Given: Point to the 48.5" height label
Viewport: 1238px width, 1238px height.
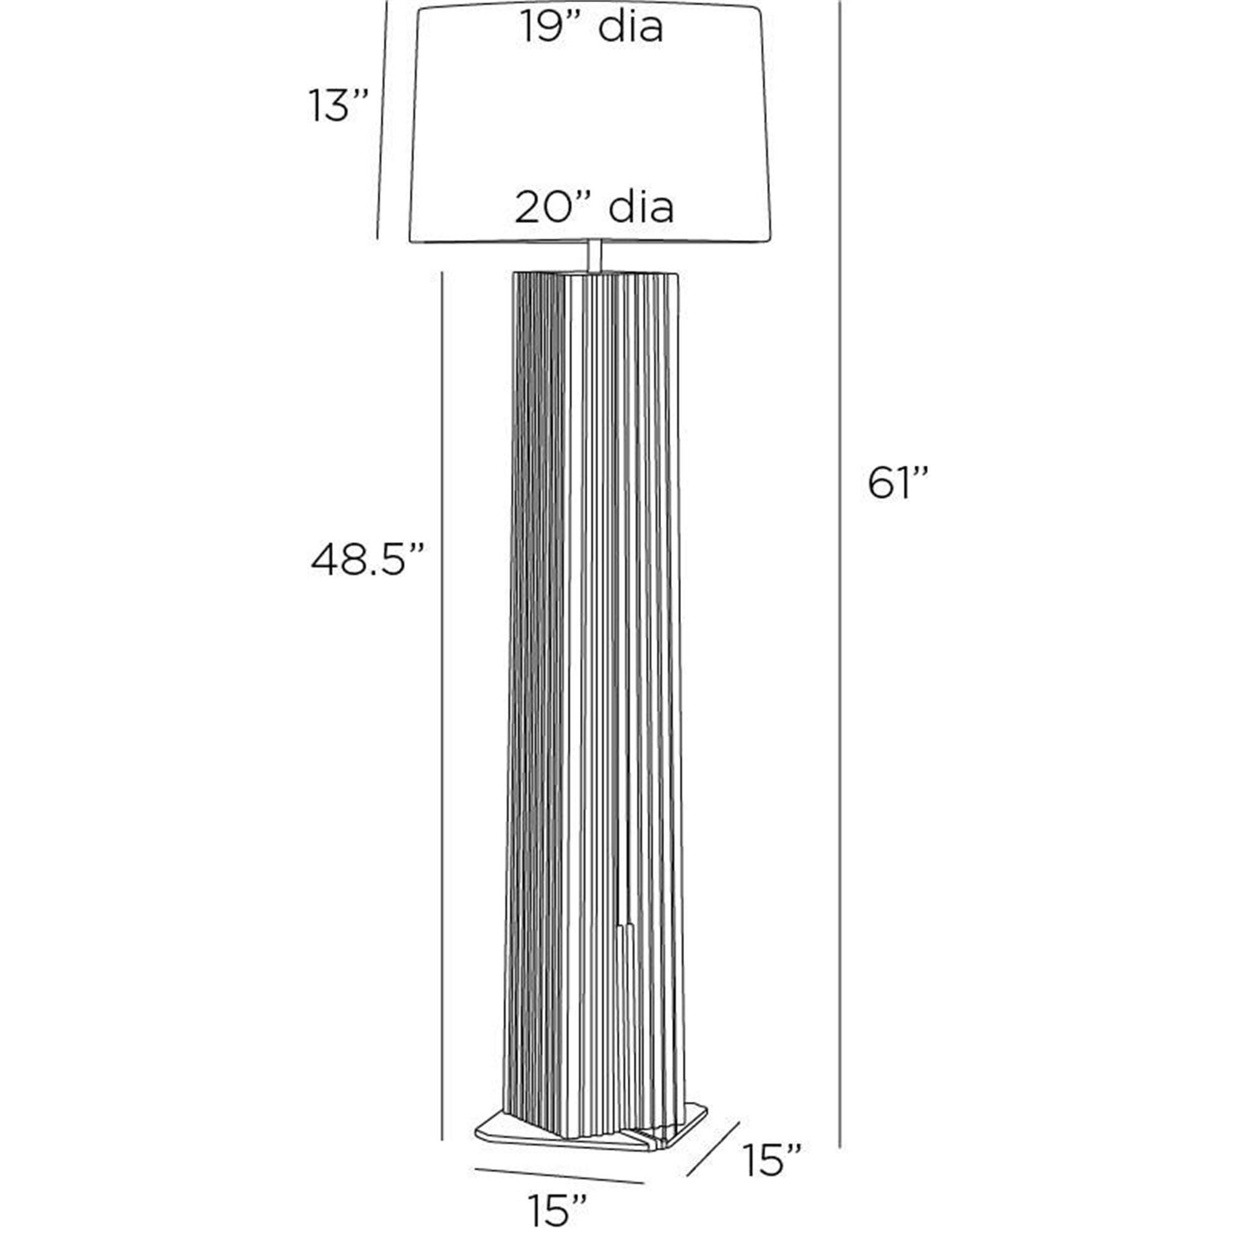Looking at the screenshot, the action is tap(368, 560).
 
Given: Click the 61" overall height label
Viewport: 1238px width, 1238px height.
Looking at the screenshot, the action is tap(898, 483).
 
